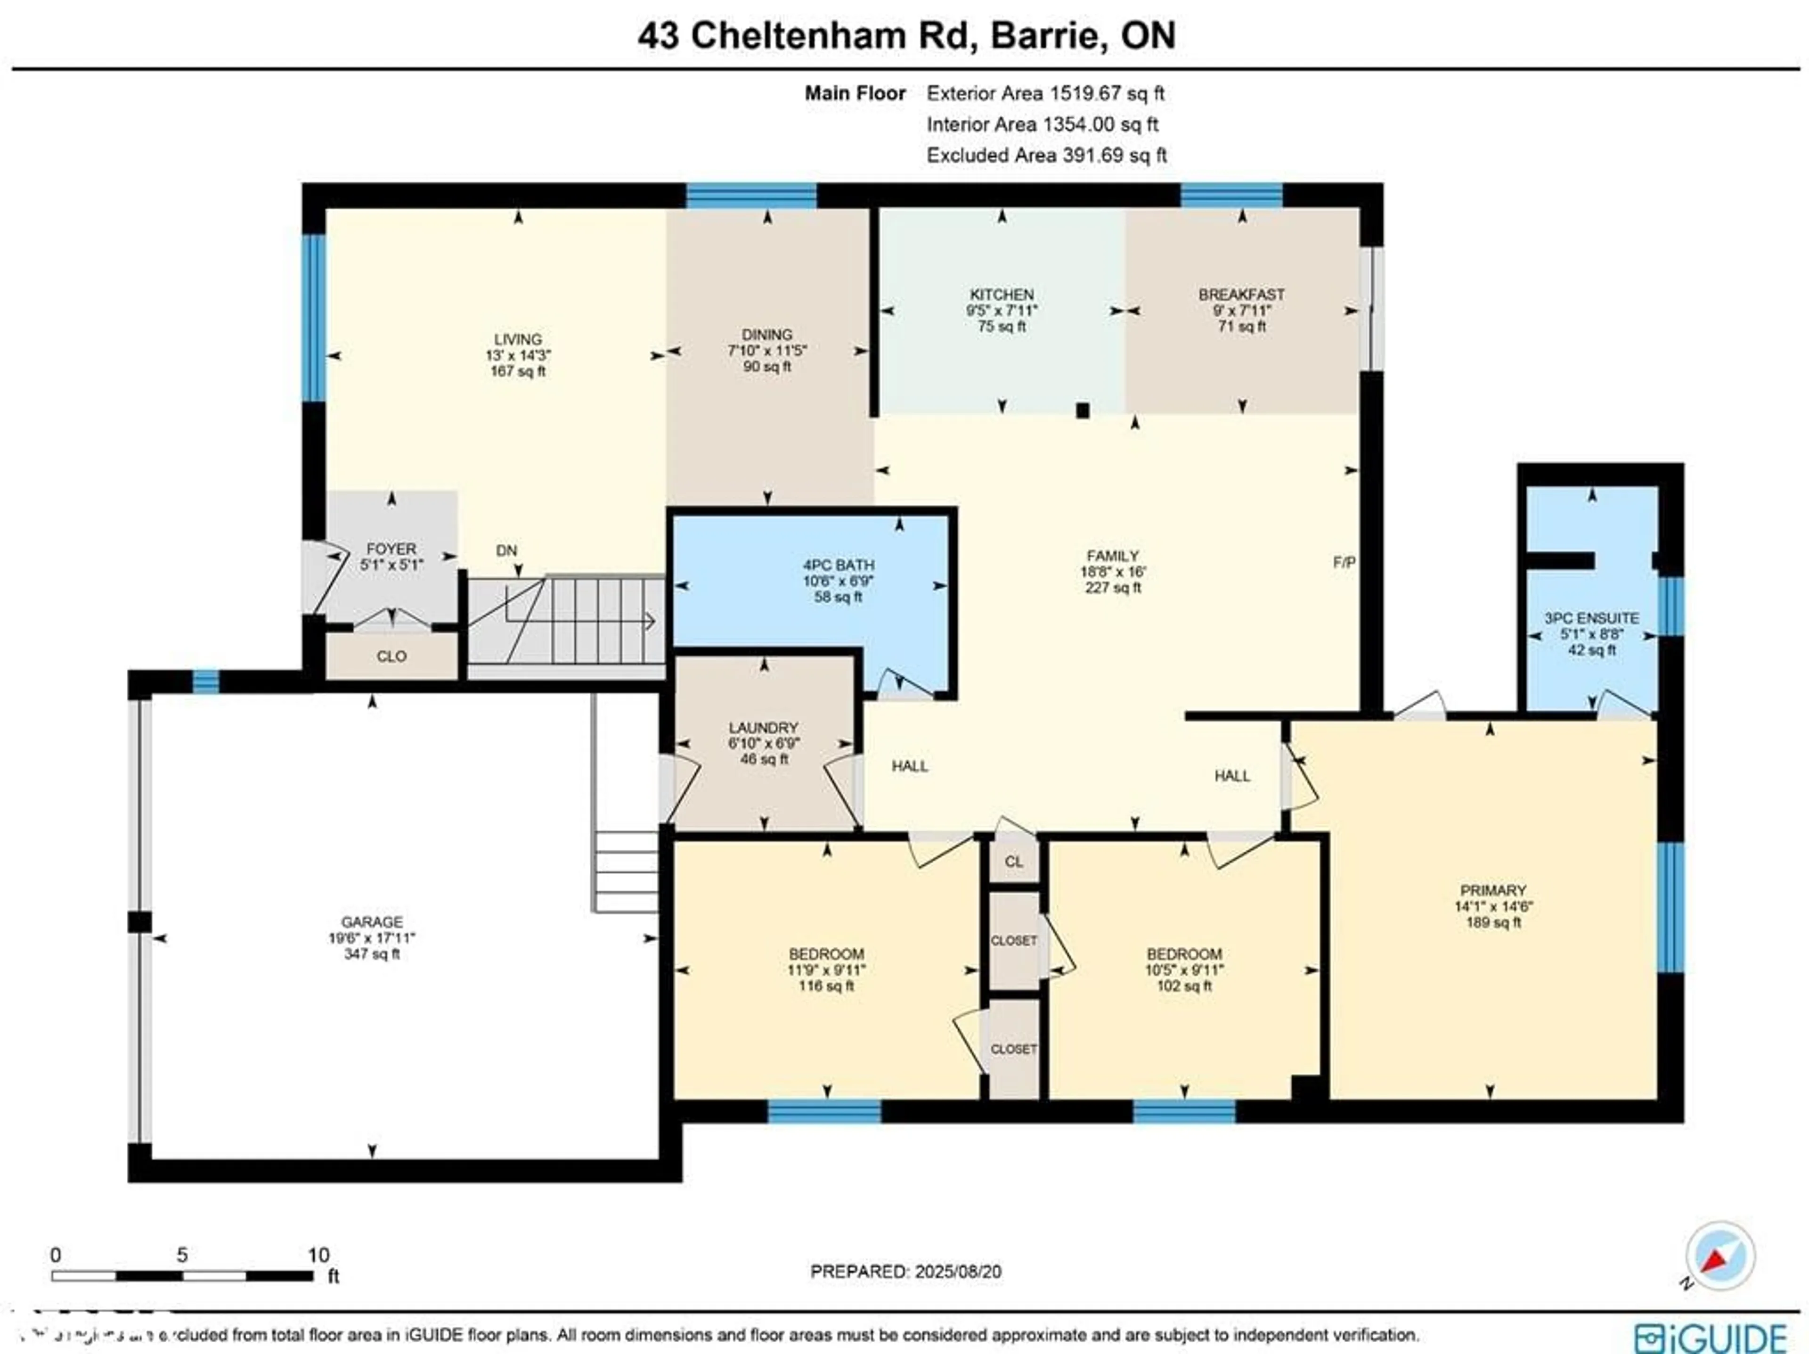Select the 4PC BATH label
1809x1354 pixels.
[838, 565]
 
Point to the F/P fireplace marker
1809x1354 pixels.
[1344, 562]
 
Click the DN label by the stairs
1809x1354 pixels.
[506, 550]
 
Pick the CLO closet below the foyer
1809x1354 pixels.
[392, 656]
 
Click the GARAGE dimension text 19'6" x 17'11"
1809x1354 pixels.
[372, 937]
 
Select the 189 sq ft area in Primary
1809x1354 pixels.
[1492, 922]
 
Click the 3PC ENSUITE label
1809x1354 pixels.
[1590, 618]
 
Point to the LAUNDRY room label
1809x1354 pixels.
[763, 727]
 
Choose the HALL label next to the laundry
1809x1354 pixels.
[909, 766]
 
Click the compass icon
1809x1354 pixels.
[1719, 1256]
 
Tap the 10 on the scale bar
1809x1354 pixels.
[318, 1255]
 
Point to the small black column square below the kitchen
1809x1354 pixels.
[1083, 410]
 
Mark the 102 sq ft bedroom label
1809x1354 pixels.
[1183, 986]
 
